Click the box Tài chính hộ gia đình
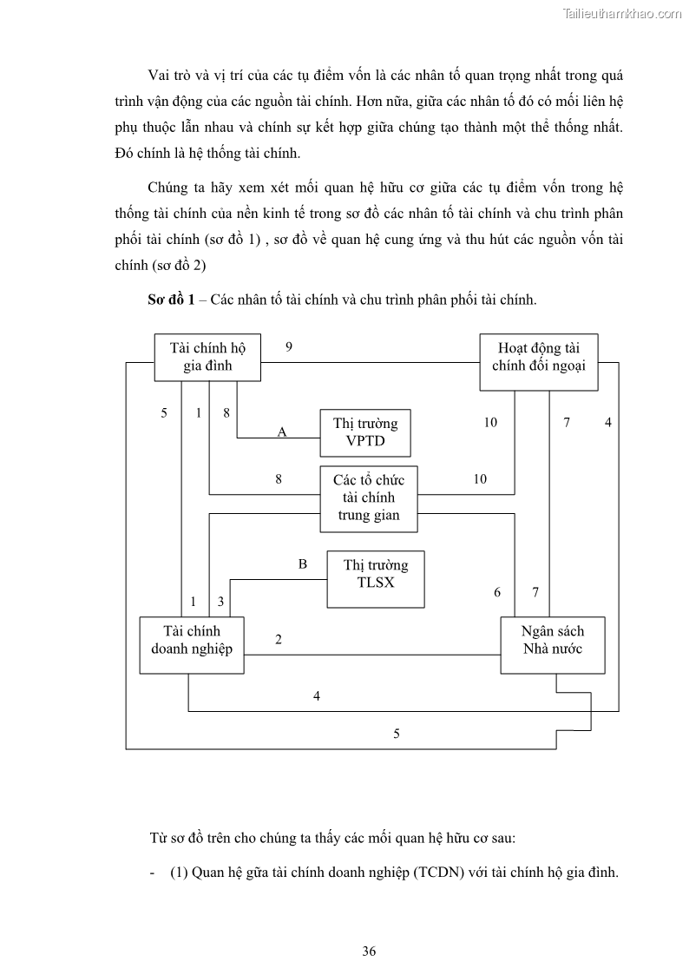[x=208, y=357]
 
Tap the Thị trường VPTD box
[x=365, y=432]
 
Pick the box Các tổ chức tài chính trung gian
[x=368, y=497]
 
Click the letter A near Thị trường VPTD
[x=281, y=432]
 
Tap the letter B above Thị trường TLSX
[x=303, y=564]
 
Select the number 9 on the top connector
[x=289, y=347]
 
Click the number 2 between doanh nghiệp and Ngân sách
[x=279, y=640]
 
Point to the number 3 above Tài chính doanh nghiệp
[x=220, y=601]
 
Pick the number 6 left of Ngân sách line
[x=497, y=592]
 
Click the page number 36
[x=369, y=951]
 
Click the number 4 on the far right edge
[x=608, y=423]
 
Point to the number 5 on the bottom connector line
[x=397, y=734]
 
